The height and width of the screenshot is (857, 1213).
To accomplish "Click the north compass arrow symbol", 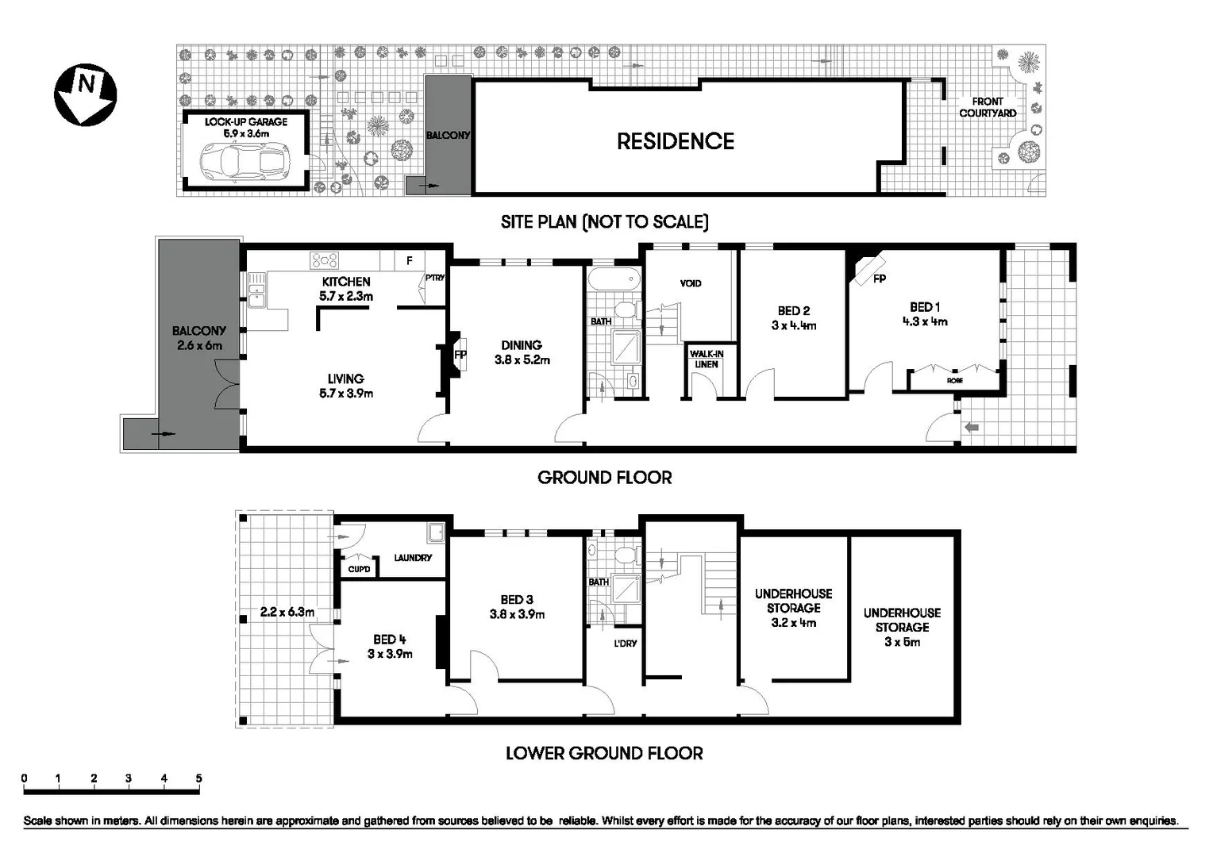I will (85, 94).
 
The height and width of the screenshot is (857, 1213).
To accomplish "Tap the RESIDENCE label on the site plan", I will (675, 141).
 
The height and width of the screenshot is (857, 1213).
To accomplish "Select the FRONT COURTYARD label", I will (987, 107).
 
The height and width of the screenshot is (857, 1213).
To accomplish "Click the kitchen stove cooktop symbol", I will (324, 260).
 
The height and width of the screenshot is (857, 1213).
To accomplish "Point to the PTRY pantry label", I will (434, 278).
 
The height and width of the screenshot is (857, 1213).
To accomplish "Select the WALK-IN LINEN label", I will (706, 359).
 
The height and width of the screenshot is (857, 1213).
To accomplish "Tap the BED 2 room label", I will (793, 311).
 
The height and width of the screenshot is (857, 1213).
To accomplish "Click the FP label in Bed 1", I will (879, 279).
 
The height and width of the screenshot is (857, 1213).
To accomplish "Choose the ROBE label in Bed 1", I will (954, 381).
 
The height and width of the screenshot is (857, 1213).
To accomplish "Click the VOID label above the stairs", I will (691, 283).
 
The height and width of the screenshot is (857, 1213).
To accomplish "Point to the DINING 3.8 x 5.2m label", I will (522, 352).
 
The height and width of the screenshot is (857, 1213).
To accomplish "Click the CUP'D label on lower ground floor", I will (359, 569).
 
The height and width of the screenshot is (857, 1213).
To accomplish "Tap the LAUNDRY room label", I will (413, 558).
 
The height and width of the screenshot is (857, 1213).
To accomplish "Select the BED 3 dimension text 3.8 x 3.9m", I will (517, 614).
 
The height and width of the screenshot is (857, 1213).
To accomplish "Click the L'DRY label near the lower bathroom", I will (626, 644).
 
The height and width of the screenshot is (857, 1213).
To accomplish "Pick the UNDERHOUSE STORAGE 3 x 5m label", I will (902, 627).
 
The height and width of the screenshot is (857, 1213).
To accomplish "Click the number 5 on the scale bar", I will (198, 778).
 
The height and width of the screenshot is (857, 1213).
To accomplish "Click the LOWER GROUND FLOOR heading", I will (604, 753).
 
